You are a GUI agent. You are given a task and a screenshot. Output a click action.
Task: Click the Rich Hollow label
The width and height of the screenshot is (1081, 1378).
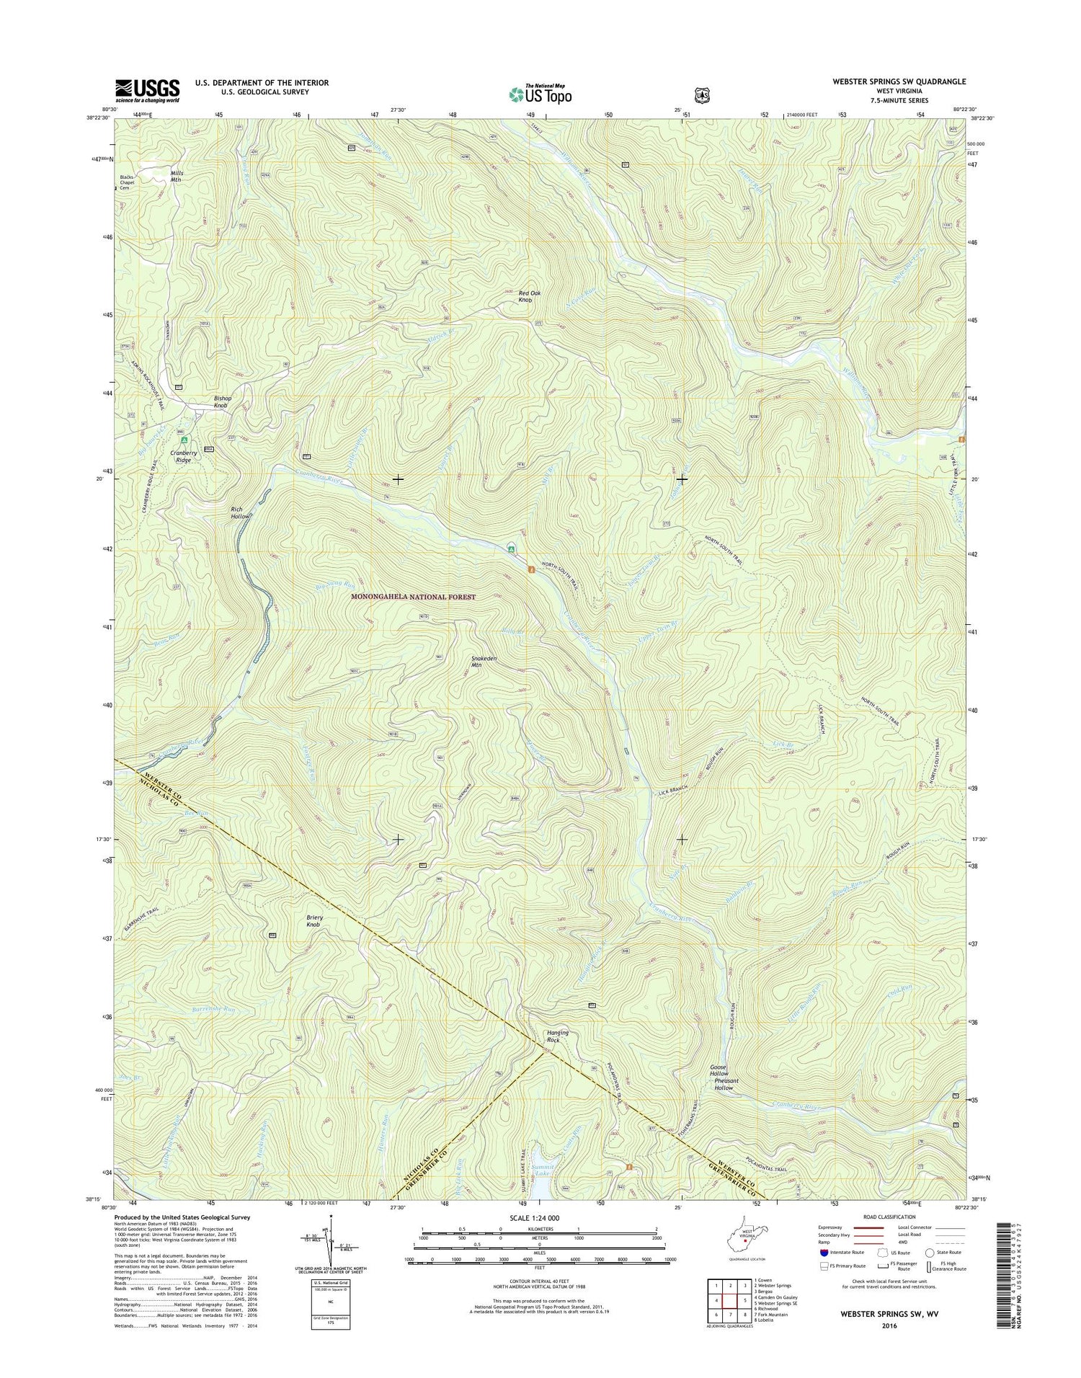240,513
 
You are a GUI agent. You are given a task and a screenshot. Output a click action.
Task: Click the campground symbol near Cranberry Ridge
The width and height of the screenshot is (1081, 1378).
184,439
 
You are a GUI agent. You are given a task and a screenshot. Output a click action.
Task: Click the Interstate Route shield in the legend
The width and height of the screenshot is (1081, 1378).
824,1253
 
